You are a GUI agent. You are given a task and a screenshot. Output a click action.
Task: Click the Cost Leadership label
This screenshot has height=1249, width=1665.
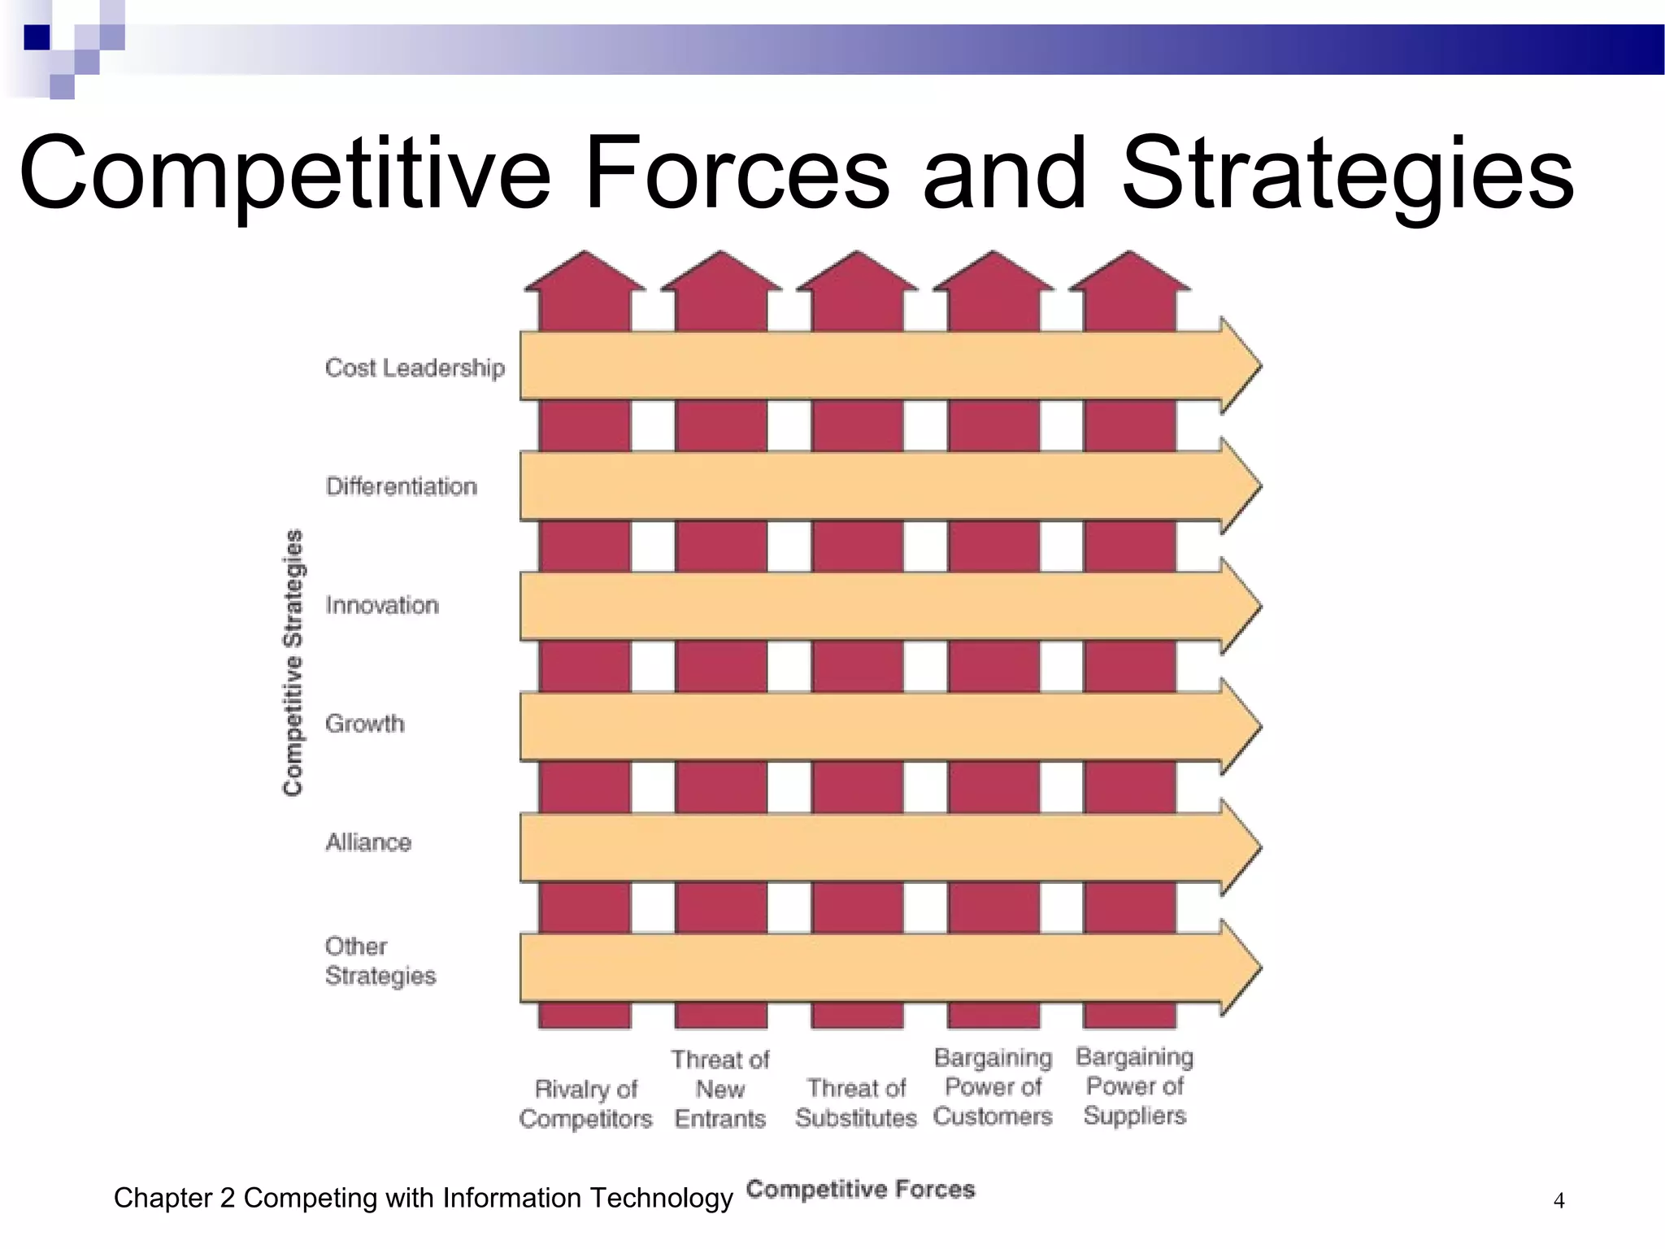(415, 368)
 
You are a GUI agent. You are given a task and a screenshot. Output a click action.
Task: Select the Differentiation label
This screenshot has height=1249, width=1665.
(401, 486)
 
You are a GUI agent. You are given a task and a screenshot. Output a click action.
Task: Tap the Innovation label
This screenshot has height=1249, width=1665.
(382, 605)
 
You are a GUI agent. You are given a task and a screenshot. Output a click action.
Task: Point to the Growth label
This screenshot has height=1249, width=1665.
(364, 723)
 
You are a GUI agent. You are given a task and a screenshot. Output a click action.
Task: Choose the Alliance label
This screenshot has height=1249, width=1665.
(368, 842)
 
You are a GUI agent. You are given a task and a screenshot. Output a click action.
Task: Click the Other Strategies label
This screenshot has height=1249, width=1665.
(380, 960)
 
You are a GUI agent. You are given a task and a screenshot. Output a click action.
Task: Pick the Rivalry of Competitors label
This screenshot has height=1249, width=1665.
(585, 1103)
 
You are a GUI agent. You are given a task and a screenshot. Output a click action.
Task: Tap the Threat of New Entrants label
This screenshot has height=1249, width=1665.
(720, 1089)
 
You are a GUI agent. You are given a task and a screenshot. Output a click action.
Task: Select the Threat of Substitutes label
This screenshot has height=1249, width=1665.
(856, 1103)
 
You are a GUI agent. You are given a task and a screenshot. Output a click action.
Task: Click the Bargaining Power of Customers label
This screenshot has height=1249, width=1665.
(993, 1086)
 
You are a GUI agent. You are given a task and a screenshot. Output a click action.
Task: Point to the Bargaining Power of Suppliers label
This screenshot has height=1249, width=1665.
(1134, 1086)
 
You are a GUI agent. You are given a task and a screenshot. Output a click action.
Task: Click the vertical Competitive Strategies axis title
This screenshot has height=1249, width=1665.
(293, 662)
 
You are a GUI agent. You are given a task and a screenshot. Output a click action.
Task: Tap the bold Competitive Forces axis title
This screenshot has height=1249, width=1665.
(860, 1189)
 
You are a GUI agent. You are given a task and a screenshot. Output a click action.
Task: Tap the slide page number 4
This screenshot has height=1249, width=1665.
(1558, 1200)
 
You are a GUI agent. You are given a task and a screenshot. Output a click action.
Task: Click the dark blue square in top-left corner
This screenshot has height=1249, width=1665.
(37, 37)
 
